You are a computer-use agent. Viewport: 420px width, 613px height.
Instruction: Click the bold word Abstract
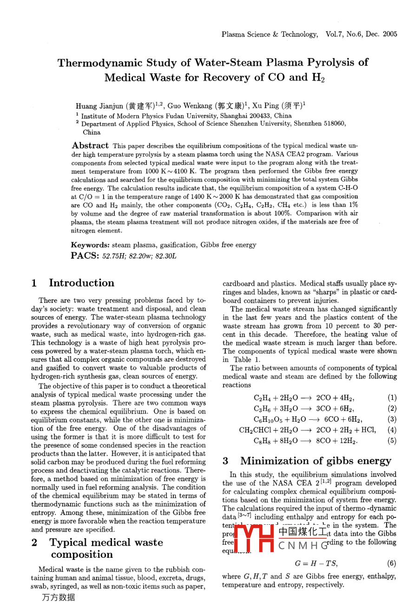click(90, 145)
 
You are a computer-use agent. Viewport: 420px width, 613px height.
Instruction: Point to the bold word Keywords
click(90, 245)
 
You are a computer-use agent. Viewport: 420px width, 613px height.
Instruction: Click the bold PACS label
click(85, 255)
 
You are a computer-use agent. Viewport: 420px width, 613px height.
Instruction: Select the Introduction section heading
click(81, 283)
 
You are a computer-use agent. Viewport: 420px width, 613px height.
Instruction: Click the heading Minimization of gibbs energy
click(315, 461)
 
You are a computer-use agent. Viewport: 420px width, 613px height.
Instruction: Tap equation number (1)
click(392, 398)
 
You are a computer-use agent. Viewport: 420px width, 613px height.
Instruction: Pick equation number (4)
click(392, 430)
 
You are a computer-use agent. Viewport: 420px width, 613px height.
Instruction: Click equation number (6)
click(392, 563)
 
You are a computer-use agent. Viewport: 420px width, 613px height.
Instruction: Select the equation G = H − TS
click(316, 563)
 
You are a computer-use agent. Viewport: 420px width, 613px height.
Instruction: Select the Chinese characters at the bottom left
click(58, 598)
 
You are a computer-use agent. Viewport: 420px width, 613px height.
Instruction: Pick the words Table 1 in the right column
click(247, 359)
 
